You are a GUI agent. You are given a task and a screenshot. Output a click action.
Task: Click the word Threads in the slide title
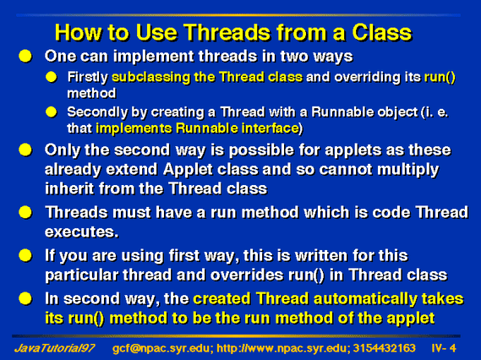coord(227,32)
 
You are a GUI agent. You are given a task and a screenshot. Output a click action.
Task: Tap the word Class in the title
coord(381,32)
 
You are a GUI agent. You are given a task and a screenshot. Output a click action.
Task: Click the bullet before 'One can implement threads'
coord(25,57)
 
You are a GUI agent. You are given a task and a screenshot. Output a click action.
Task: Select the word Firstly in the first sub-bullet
coord(87,77)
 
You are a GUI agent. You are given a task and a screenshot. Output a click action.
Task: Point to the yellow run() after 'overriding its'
coord(440,77)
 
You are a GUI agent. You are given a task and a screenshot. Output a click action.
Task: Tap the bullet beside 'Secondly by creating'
coord(52,112)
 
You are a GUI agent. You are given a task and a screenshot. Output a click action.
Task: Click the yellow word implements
coord(134,128)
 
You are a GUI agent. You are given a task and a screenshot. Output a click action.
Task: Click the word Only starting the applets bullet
coord(63,150)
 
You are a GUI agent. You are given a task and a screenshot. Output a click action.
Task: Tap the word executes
coord(81,232)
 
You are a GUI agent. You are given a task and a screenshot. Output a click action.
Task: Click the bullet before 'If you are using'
coord(25,255)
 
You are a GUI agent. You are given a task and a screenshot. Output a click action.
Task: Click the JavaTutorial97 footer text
coord(55,348)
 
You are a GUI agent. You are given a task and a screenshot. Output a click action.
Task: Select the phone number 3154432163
coord(384,348)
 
